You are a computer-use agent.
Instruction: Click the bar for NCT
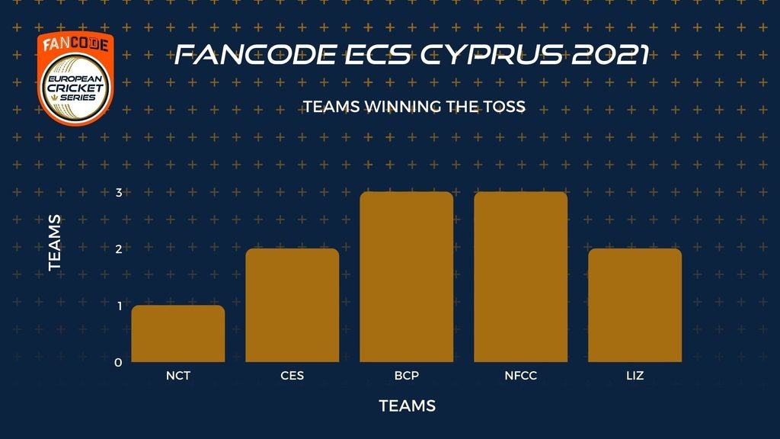tap(178, 334)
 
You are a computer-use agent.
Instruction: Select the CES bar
tap(292, 305)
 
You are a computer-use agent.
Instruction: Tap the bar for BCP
tap(407, 277)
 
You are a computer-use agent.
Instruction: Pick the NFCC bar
tap(521, 277)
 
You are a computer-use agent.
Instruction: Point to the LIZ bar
tap(635, 305)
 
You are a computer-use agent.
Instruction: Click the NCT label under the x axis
tap(178, 376)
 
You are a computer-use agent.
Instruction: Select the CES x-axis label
tap(292, 376)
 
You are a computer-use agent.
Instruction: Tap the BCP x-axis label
tap(407, 376)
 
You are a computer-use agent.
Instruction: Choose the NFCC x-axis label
tap(521, 376)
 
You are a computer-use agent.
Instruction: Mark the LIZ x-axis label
tap(635, 376)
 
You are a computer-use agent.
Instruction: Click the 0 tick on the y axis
tap(118, 363)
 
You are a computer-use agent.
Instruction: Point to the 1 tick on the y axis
tap(120, 306)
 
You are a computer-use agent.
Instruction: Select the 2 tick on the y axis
tap(119, 249)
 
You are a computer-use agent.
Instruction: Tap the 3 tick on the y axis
tap(119, 192)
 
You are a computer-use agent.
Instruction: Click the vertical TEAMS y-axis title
tap(55, 243)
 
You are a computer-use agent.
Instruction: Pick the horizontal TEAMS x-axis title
tap(408, 406)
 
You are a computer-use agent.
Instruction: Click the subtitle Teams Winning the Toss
tap(414, 107)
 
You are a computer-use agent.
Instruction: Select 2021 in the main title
tap(610, 55)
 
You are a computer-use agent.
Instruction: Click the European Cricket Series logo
tap(75, 78)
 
